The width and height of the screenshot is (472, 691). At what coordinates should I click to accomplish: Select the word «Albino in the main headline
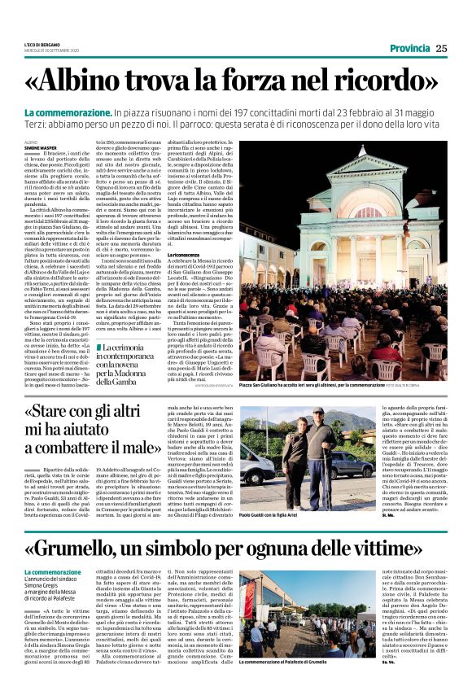click(93, 81)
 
